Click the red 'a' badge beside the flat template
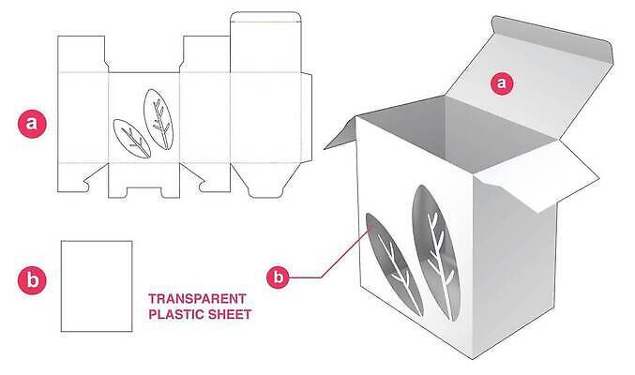click(x=32, y=123)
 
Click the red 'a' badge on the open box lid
click(x=502, y=83)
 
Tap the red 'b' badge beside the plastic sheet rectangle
click(x=32, y=279)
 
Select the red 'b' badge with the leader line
click(x=278, y=277)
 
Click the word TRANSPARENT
click(x=197, y=299)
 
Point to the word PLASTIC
click(x=176, y=314)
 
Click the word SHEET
click(x=230, y=314)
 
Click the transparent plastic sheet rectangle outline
click(x=61, y=286)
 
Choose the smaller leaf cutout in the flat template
click(x=131, y=138)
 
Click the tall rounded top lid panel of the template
click(x=265, y=42)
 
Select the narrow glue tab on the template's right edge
click(x=307, y=118)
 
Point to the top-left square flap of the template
click(x=83, y=53)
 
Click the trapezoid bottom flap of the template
click(x=265, y=180)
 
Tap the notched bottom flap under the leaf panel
click(x=144, y=180)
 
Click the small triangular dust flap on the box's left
click(x=340, y=134)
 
